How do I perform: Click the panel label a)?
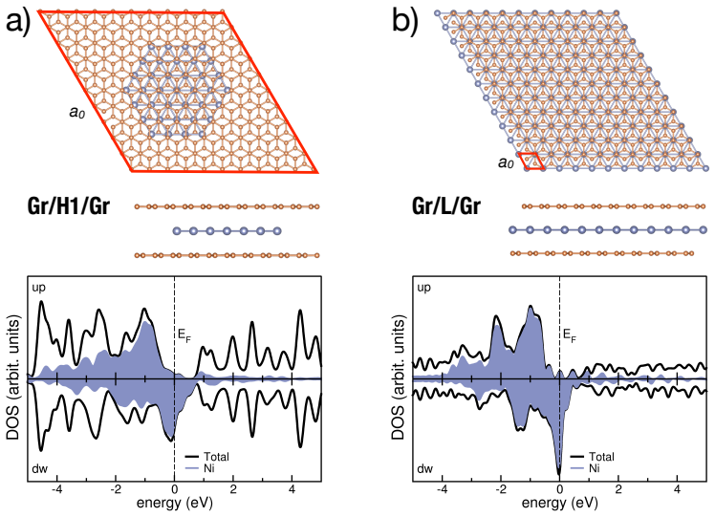(17, 22)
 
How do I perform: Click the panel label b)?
(404, 22)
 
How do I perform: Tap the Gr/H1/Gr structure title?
(69, 205)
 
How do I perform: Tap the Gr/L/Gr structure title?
(446, 205)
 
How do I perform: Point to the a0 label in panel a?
(77, 112)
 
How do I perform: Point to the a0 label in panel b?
(507, 162)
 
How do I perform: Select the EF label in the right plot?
(570, 336)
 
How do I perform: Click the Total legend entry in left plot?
(216, 457)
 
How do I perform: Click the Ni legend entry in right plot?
(595, 468)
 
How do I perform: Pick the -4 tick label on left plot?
(57, 489)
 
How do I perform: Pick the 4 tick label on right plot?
(677, 489)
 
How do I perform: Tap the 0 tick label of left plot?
(175, 489)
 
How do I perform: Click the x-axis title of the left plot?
(175, 504)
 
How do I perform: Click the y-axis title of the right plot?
(398, 378)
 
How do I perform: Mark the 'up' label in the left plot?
(39, 288)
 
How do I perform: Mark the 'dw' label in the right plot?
(424, 468)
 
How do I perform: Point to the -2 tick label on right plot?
(501, 489)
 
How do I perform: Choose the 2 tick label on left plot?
(233, 489)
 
